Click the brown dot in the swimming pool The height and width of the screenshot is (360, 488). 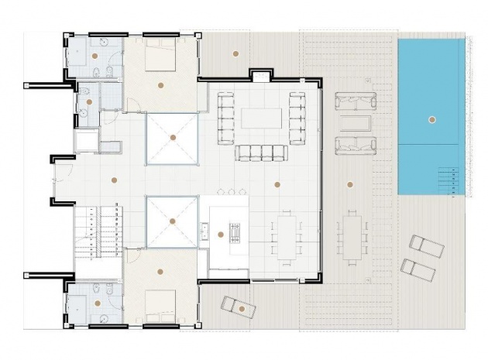(x=431, y=119)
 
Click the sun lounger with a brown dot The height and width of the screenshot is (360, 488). (x=239, y=307)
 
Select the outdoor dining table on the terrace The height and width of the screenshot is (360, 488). (x=353, y=233)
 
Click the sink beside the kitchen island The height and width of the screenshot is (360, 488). (x=206, y=230)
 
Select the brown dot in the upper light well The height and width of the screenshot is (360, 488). (x=173, y=137)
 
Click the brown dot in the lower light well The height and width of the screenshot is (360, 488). (x=172, y=220)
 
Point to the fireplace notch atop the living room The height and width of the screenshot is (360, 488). (x=260, y=76)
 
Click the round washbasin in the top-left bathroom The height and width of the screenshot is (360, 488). (x=95, y=55)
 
